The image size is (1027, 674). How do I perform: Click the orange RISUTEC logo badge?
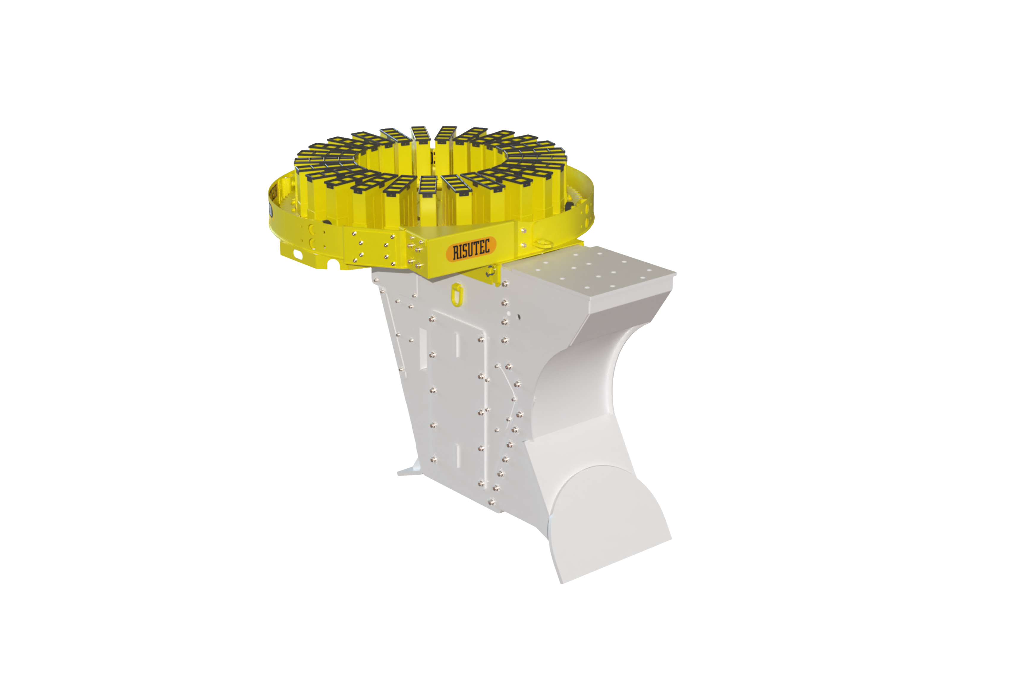471,249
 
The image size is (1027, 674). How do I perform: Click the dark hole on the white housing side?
519,317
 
